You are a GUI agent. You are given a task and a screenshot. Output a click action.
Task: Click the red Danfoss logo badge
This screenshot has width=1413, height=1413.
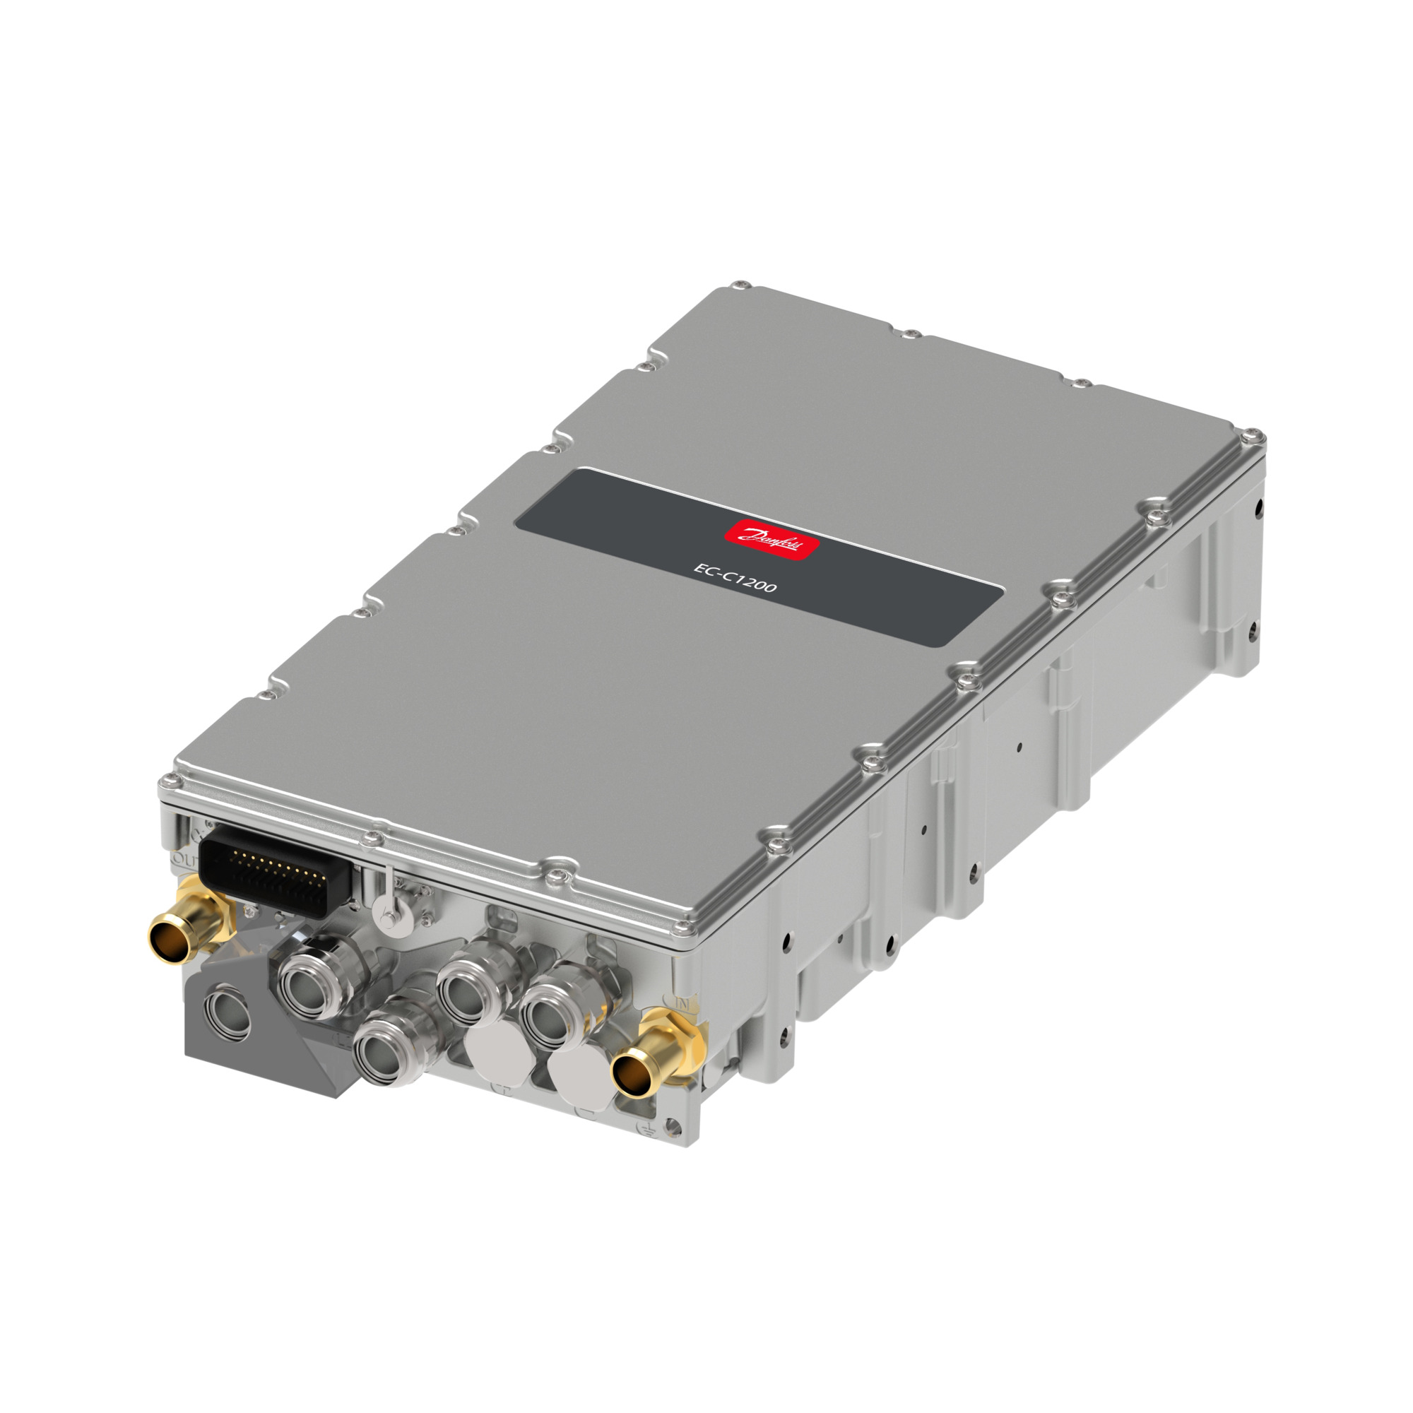pyautogui.click(x=771, y=540)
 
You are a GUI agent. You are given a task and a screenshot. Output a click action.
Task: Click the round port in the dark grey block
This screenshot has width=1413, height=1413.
pyautogui.click(x=227, y=1012)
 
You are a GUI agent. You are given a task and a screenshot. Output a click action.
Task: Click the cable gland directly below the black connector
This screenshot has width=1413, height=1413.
pyautogui.click(x=312, y=976)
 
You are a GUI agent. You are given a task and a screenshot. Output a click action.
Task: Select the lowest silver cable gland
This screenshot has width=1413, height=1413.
pyautogui.click(x=386, y=1051)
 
